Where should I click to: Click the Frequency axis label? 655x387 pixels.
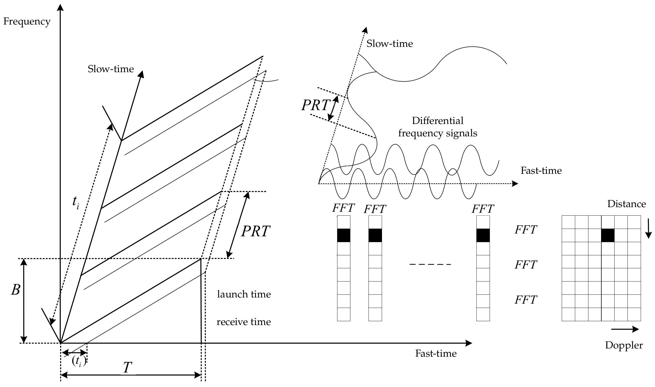[27, 21]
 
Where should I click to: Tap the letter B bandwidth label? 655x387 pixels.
[15, 290]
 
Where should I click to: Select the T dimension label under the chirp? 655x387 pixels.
[127, 367]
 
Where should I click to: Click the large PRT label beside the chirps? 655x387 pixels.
[255, 231]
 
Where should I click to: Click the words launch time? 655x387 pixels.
[244, 294]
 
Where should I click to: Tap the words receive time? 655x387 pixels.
[244, 322]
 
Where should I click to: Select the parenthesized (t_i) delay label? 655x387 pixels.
[79, 361]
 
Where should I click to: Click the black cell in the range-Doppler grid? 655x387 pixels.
[608, 236]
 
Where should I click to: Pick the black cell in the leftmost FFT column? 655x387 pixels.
[343, 236]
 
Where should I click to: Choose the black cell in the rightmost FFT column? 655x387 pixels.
[483, 236]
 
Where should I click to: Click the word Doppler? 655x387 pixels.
[624, 345]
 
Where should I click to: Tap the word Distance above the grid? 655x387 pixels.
[626, 204]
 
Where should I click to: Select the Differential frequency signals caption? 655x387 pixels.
[438, 127]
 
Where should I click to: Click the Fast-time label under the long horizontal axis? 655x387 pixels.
[436, 353]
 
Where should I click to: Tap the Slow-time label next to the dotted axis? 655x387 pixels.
[389, 44]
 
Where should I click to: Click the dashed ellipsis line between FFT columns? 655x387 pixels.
[430, 264]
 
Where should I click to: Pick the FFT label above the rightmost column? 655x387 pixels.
[483, 209]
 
